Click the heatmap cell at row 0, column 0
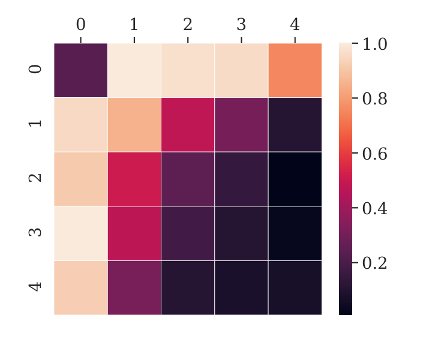pos(81,70)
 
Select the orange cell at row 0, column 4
pos(295,70)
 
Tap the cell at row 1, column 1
pos(134,124)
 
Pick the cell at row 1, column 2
pos(188,124)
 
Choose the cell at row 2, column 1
pos(134,179)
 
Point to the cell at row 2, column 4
pos(295,179)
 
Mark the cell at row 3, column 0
pos(81,233)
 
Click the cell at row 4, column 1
pos(134,287)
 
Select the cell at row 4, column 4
pos(295,287)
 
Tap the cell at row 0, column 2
pos(188,70)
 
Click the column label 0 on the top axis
pos(81,25)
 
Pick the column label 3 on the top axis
pos(241,25)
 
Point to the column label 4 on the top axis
pos(295,25)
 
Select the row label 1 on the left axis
pos(35,124)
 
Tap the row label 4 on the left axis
pos(35,287)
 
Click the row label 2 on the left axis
pos(35,178)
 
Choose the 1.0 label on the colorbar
pos(374,44)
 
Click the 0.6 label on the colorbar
pos(374,154)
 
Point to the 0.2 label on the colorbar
pos(374,263)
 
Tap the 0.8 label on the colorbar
pos(374,99)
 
